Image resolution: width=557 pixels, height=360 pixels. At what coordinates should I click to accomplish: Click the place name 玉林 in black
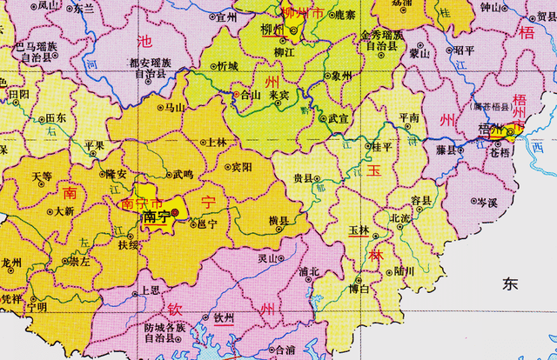click(x=359, y=230)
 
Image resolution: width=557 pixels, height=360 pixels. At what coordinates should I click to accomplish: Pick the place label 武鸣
click(x=183, y=174)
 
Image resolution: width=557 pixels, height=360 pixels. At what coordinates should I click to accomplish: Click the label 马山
click(x=175, y=108)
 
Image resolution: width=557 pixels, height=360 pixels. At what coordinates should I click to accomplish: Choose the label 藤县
click(x=446, y=150)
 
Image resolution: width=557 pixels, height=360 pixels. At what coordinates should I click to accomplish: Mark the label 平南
click(x=407, y=117)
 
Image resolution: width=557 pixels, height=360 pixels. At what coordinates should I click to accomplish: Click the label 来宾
click(x=278, y=94)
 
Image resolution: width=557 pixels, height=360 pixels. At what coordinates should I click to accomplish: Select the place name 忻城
click(x=227, y=66)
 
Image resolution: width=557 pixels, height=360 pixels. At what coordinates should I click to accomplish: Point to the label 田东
click(x=56, y=117)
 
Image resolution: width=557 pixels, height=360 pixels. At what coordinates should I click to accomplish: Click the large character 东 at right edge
click(x=510, y=283)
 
